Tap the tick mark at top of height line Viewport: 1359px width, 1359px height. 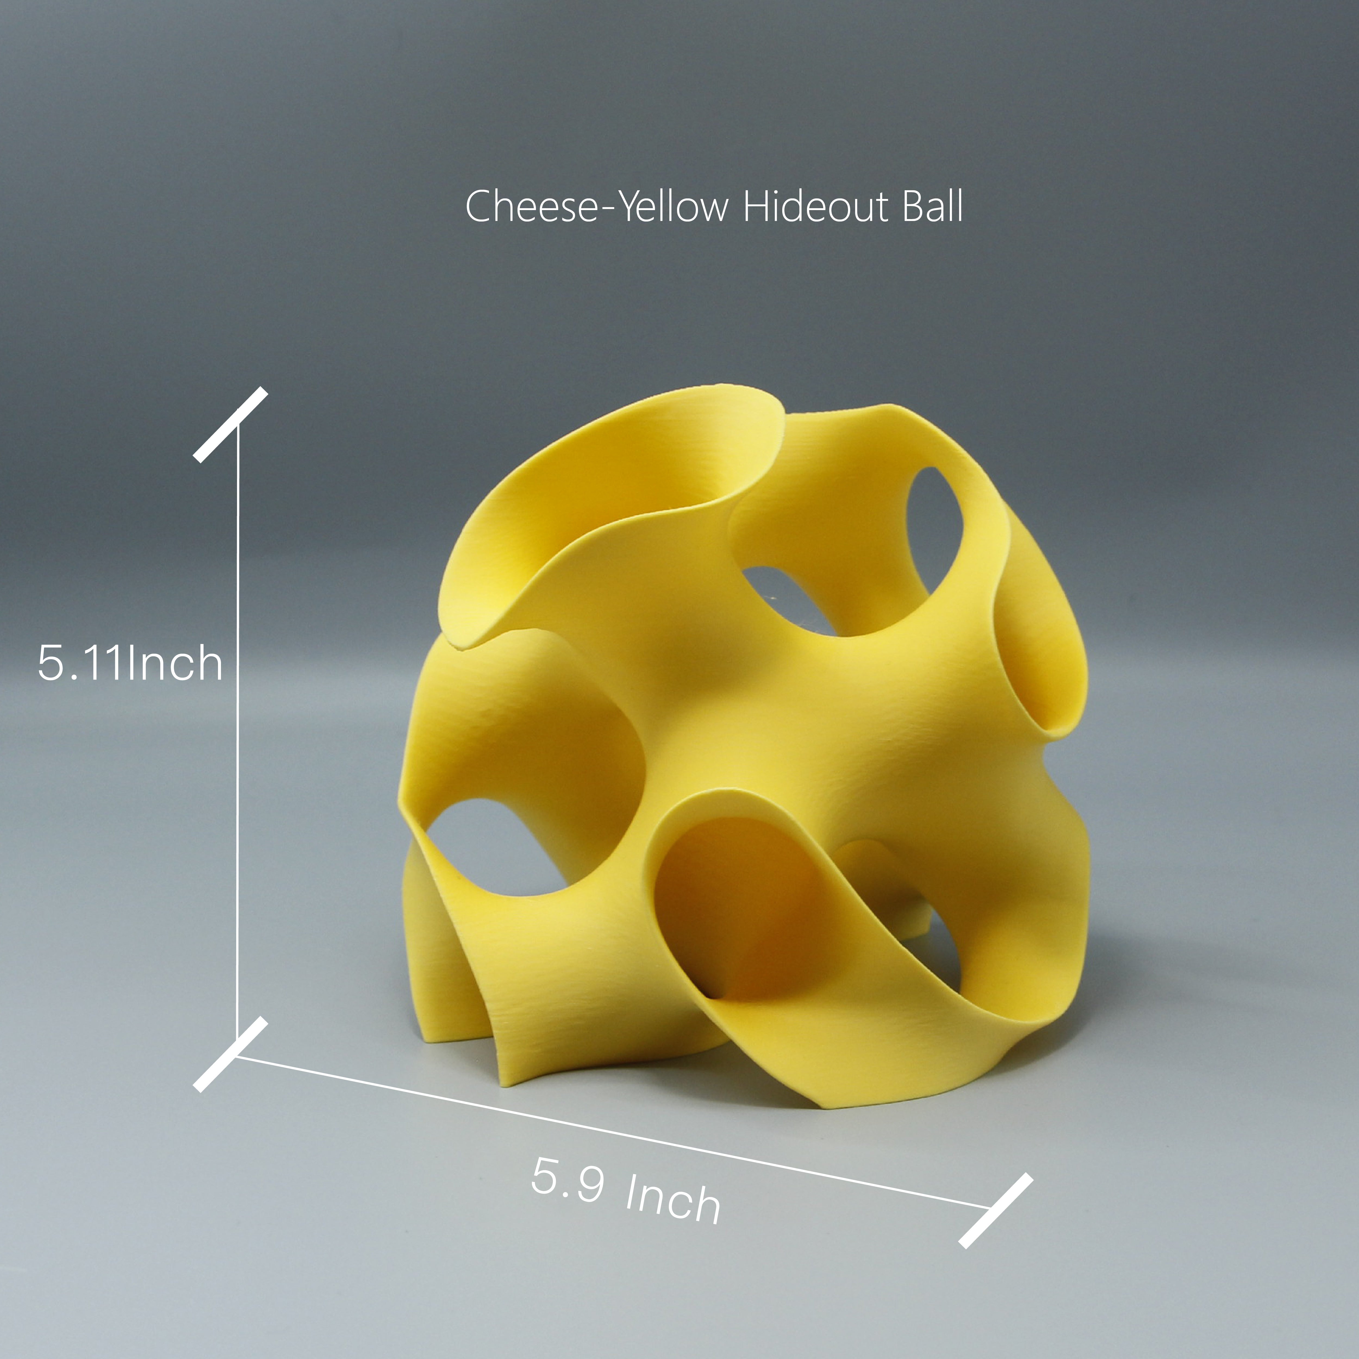(231, 424)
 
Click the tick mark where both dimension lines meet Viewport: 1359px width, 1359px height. (231, 1054)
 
